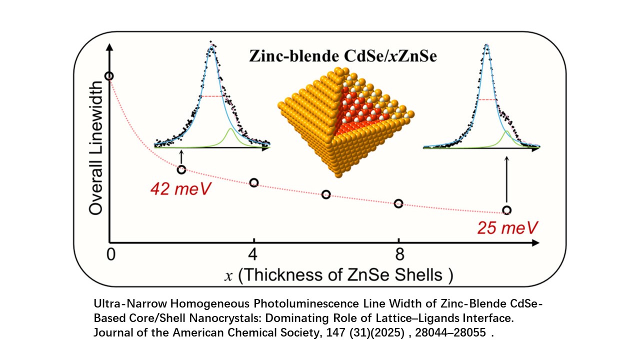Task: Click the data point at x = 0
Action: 109,76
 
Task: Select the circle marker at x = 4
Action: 254,182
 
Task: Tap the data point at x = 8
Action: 398,203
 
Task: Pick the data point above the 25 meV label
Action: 507,210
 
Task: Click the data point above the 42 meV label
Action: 181,170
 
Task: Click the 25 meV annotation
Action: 507,228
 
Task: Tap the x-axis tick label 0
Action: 110,254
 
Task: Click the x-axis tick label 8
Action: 398,254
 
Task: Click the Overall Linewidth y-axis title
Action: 96,145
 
